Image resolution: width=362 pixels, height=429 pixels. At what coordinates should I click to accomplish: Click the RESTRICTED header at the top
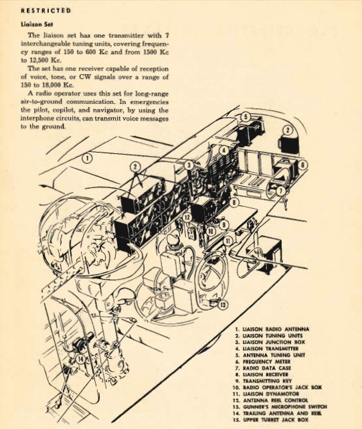(46, 11)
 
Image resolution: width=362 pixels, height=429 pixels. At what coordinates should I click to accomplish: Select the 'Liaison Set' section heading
(37, 24)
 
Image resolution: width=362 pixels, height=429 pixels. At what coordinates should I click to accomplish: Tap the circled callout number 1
(87, 158)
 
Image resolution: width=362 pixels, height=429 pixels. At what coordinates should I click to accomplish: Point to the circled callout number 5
(246, 117)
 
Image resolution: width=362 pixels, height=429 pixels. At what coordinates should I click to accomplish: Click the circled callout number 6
(302, 165)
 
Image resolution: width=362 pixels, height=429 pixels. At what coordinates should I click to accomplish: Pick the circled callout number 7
(280, 191)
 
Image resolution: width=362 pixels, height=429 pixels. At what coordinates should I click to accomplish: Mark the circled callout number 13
(223, 305)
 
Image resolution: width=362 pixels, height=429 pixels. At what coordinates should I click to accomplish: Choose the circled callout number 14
(80, 359)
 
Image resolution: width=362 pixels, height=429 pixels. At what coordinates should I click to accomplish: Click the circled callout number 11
(228, 241)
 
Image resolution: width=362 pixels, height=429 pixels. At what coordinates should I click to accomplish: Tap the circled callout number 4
(224, 151)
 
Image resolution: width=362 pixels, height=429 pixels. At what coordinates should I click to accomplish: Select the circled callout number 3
(189, 165)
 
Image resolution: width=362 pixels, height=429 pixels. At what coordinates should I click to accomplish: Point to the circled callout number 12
(187, 218)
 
